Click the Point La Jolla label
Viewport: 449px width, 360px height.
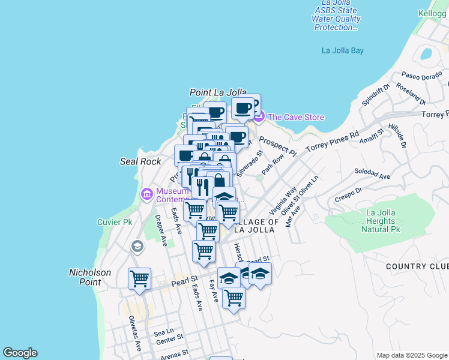(x=218, y=92)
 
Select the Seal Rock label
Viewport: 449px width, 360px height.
(x=140, y=161)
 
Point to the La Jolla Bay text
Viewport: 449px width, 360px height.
(x=343, y=50)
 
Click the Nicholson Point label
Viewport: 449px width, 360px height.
(x=90, y=277)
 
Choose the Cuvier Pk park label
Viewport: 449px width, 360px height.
(x=114, y=222)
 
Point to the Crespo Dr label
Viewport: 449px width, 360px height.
(x=347, y=194)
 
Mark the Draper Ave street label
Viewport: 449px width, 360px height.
(x=161, y=230)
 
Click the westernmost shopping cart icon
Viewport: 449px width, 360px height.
(x=139, y=278)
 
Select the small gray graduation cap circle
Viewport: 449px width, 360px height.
(x=137, y=247)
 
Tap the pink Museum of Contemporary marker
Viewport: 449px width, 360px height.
(x=146, y=194)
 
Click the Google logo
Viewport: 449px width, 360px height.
(x=20, y=353)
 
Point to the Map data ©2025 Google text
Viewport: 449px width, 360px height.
(x=412, y=355)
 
